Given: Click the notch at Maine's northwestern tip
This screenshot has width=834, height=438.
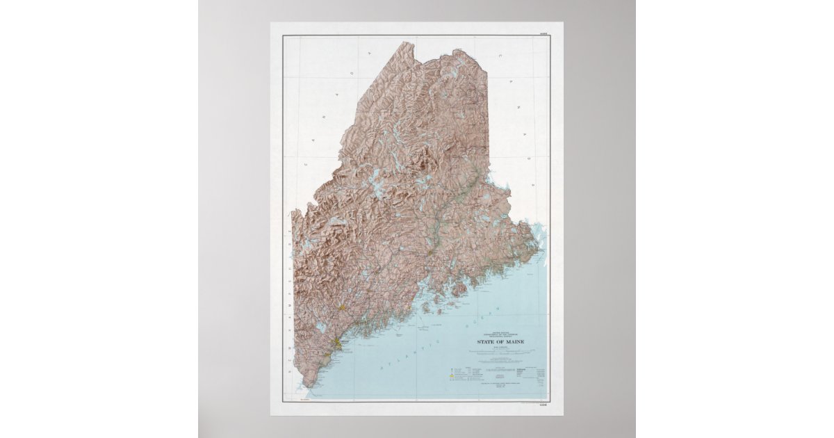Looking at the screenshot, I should (x=407, y=43).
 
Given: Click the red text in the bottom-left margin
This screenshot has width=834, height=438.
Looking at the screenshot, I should (x=303, y=401).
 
